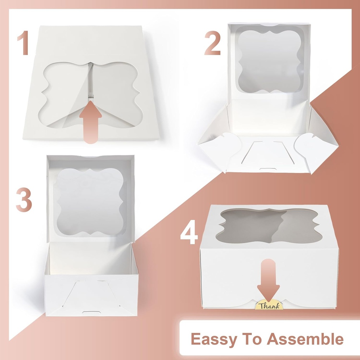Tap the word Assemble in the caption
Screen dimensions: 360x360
click(305, 339)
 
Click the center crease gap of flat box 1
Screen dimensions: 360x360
click(91, 81)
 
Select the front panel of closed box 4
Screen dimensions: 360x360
click(232, 278)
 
